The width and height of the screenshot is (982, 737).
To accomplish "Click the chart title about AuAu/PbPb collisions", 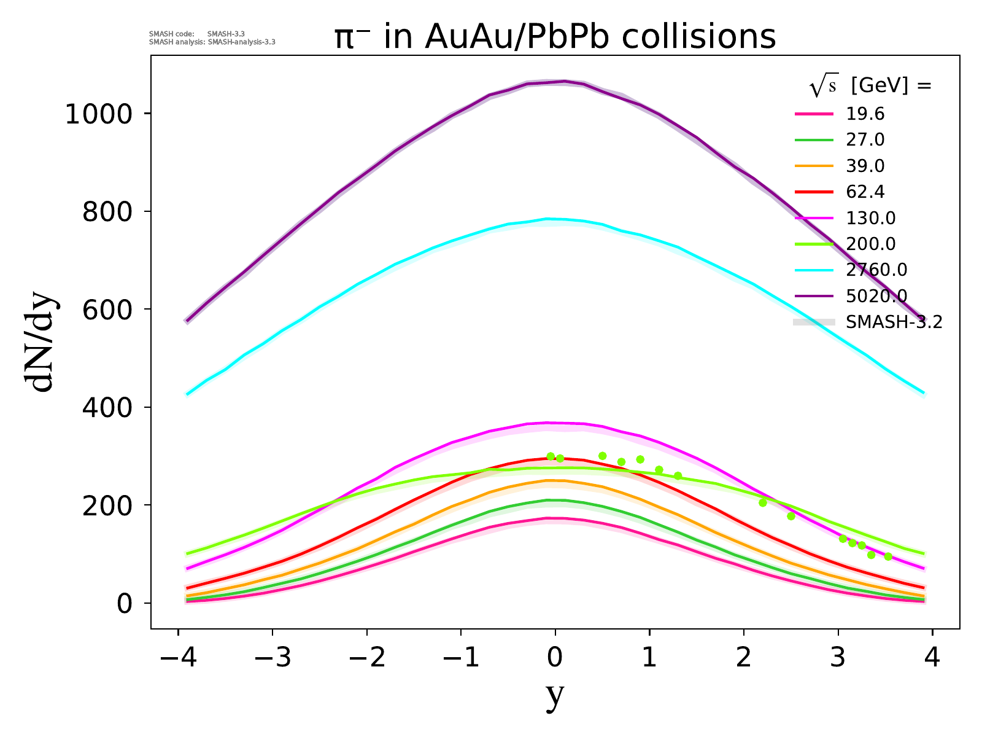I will click(x=555, y=37).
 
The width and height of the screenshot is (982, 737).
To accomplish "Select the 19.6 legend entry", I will click(x=865, y=114).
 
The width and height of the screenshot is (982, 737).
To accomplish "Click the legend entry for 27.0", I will click(x=865, y=140).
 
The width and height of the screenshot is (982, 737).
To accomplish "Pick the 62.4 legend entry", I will click(x=865, y=192).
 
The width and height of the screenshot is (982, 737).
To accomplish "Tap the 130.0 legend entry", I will click(x=870, y=218).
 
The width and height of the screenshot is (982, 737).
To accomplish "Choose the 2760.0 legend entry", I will click(x=876, y=270).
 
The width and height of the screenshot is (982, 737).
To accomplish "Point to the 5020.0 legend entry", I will click(x=876, y=296).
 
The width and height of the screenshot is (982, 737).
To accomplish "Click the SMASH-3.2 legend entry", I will click(x=894, y=322).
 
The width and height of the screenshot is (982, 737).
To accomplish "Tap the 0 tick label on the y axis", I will click(x=125, y=604).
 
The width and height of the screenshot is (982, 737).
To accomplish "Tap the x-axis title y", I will click(x=554, y=695).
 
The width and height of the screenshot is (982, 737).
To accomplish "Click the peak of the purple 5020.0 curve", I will click(x=563, y=81).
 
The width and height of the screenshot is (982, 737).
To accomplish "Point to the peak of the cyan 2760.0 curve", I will click(x=548, y=219).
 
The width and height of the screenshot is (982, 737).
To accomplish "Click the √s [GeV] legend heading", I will click(x=870, y=87).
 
